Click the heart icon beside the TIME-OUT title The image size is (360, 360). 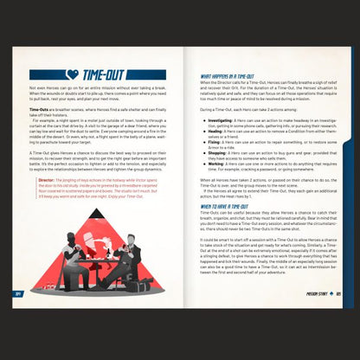click(x=74, y=74)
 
